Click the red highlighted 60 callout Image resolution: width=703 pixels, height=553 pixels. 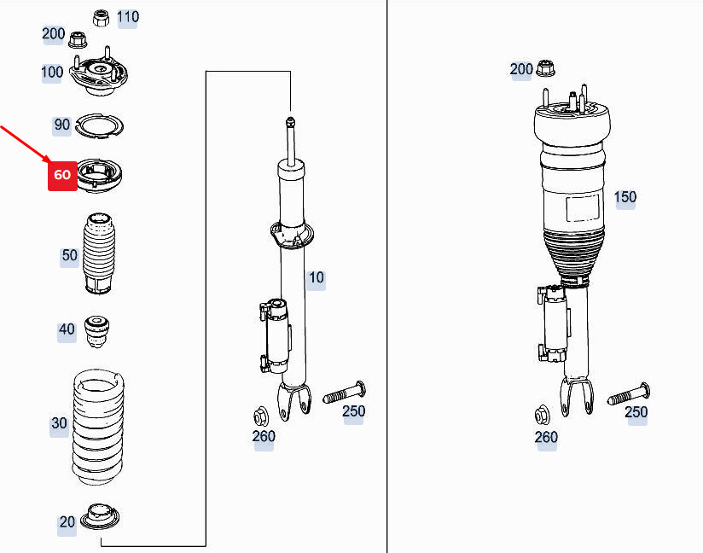63,175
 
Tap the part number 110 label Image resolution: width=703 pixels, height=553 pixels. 128,17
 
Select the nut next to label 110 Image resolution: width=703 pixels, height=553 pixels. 102,18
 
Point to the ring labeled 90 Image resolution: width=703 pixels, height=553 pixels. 99,126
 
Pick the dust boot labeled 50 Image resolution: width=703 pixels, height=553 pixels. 99,253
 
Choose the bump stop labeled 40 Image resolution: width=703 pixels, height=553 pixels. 97,331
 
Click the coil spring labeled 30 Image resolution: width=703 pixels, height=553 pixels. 99,427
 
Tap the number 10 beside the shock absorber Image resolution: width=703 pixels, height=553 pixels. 316,277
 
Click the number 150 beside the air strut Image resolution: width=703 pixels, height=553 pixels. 625,197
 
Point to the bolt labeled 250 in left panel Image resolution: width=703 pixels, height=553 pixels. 345,393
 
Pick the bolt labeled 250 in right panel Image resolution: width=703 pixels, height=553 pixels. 629,393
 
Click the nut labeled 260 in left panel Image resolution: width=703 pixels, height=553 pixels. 260,417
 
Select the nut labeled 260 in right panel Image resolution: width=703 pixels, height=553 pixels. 543,416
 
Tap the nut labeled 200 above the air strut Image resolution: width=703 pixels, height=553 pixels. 545,67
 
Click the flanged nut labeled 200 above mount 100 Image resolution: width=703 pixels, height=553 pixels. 78,39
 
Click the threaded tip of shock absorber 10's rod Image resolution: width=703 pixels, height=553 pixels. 290,121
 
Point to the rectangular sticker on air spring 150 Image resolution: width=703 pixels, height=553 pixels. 583,207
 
